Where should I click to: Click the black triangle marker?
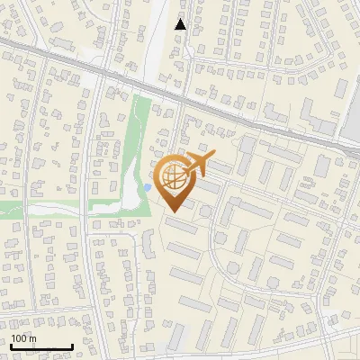click(181, 24)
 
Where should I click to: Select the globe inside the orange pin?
click(175, 179)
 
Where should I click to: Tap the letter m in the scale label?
click(33, 338)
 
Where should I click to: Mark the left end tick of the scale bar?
click(10, 346)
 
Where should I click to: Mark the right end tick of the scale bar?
click(72, 346)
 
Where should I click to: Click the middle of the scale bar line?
click(40, 347)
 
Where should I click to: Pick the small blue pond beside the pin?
click(147, 187)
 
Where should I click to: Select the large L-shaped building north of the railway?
click(315, 117)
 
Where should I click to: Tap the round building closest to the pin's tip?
click(205, 211)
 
